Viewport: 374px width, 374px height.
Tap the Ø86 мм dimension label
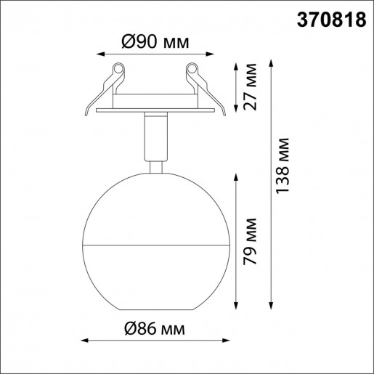pos(154,329)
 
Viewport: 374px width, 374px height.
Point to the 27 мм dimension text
pos(251,89)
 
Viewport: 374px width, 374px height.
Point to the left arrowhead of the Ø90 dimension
pos(100,53)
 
